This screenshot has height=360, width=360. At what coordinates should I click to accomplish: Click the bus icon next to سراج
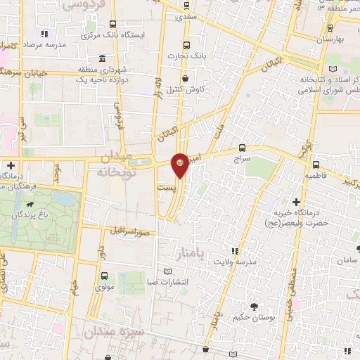243,147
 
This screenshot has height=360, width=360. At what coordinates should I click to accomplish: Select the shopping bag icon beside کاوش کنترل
184,79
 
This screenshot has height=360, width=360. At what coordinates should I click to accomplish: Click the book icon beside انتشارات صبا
167,271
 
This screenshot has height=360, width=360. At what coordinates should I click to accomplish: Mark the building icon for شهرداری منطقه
103,58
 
